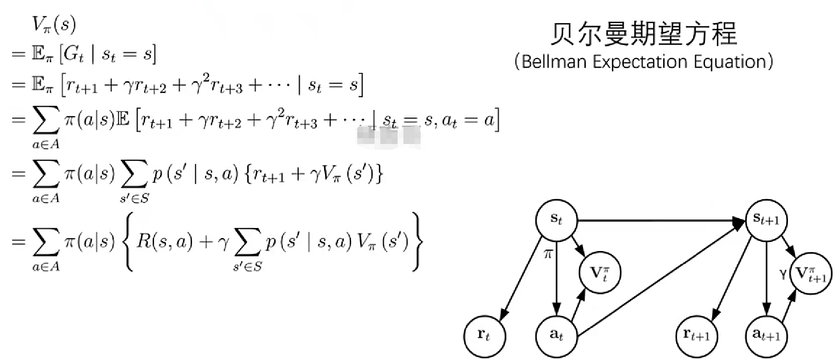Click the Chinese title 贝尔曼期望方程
pos(643,33)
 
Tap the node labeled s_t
pos(556,219)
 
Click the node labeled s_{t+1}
pos(766,219)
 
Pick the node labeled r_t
pos(484,336)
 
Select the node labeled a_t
pos(556,335)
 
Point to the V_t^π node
pos(599,273)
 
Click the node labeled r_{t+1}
pos(696,336)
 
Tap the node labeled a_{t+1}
pos(766,336)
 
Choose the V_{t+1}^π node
pos(811,273)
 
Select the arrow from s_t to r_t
pos(521,278)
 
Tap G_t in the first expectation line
pos(73,55)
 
